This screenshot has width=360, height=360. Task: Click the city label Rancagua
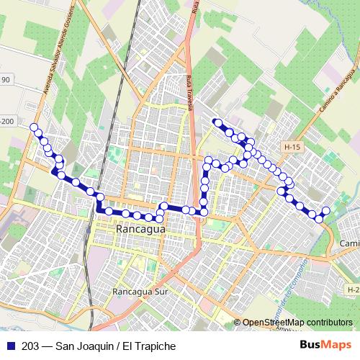tap(140, 229)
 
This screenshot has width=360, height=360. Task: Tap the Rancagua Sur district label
tap(140, 292)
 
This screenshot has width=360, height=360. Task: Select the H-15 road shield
tap(292, 148)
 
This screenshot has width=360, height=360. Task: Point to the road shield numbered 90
tap(5, 80)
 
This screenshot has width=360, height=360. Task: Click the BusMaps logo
tap(325, 345)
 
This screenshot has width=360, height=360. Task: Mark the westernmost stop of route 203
tap(33, 127)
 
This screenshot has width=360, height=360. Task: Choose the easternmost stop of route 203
tap(325, 211)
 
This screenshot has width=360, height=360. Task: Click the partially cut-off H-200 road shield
tap(7, 122)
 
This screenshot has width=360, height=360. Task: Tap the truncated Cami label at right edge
tap(349, 245)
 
